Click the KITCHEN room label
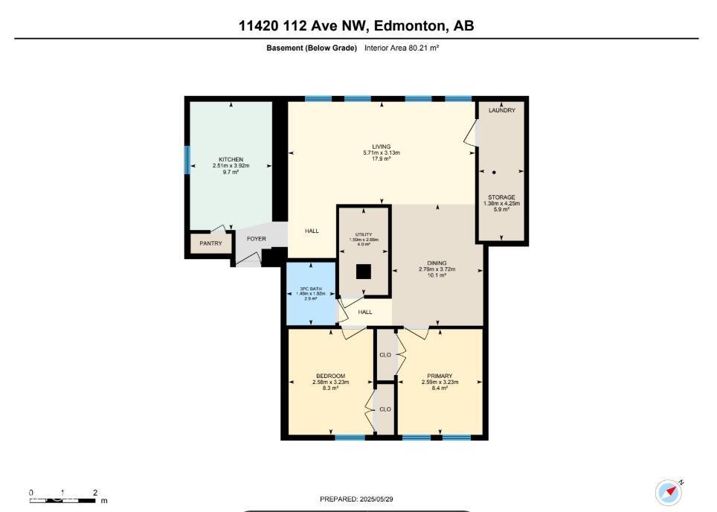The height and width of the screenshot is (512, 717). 231,159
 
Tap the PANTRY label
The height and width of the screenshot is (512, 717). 210,243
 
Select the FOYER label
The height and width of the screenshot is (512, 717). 257,239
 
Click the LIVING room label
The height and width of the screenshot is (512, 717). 382,147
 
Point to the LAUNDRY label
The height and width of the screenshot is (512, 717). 502,110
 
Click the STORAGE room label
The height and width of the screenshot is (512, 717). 502,197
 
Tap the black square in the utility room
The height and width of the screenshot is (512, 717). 363,272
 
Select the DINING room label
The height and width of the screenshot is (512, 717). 437,263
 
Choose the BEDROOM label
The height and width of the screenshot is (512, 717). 331,376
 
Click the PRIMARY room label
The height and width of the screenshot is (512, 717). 440,376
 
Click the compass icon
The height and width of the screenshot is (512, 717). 669,493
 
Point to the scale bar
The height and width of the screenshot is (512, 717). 63,499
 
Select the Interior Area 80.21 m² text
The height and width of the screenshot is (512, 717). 402,48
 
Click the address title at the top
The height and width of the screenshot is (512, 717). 356,26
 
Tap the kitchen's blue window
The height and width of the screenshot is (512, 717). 187,160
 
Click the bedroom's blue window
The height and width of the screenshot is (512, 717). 350,438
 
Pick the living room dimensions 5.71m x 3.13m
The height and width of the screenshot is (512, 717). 382,153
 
